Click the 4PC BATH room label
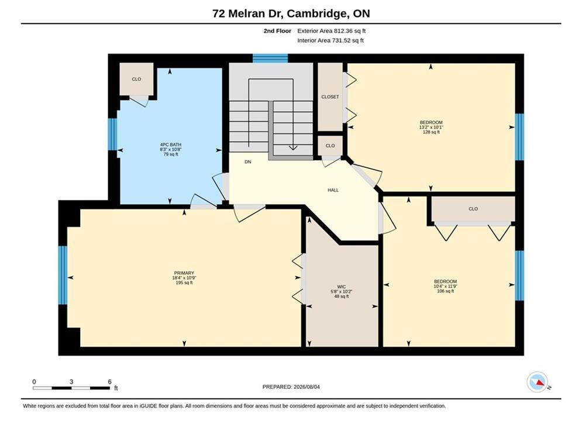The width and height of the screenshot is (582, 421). tap(170, 144)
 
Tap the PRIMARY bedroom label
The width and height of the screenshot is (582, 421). tap(184, 273)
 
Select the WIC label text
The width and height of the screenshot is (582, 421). tap(342, 287)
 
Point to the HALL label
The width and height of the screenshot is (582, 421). tap(333, 190)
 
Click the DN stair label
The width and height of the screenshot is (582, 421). tap(247, 162)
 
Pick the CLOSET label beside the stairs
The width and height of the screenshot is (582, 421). tap(330, 97)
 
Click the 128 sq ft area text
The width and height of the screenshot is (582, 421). tap(431, 132)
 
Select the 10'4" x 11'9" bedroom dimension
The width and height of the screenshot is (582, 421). tap(445, 287)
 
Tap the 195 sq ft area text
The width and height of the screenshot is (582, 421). tap(184, 282)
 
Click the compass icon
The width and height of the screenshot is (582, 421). tap(538, 382)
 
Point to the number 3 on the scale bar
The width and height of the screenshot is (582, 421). tap(71, 382)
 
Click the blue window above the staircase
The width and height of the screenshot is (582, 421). tap(270, 58)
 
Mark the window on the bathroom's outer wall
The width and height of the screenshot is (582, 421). tap(112, 134)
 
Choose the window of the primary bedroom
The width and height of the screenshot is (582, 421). tap(63, 275)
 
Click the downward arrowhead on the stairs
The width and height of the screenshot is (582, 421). tap(293, 147)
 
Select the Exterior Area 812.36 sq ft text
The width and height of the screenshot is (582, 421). tap(332, 31)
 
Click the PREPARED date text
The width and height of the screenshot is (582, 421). tap(291, 387)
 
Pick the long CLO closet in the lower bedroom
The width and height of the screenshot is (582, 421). tap(473, 209)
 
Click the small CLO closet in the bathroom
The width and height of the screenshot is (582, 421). tap(136, 79)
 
